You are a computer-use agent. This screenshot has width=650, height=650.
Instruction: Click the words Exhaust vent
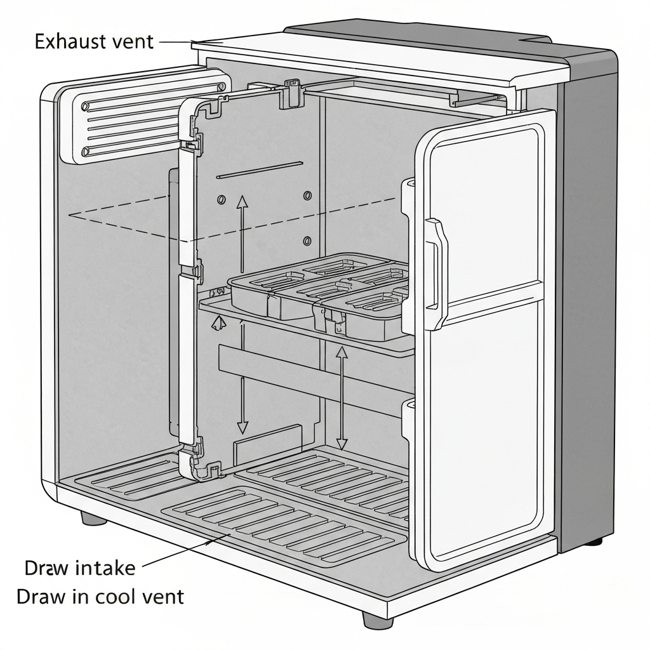pos(93,42)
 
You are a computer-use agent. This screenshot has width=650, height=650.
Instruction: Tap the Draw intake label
pos(80,567)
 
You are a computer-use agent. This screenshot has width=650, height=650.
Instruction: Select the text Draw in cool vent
pos(100,597)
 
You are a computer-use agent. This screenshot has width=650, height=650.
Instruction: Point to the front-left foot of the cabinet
pos(94,517)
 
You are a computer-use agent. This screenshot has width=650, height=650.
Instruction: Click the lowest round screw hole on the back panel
pos(307,241)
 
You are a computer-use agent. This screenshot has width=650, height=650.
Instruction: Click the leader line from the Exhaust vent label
pos(175,43)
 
